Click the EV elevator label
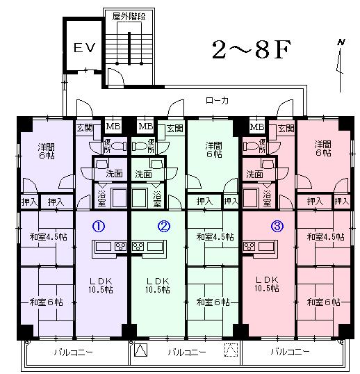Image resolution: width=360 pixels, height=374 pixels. coord(85,48)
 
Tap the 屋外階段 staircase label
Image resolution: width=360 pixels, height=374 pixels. coord(129,17)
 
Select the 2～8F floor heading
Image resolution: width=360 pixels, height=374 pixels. coord(252,49)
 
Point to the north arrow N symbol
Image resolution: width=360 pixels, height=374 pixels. coord(341,42)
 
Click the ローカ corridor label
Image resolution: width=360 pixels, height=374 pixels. coord(217,100)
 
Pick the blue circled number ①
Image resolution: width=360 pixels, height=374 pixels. coord(99,226)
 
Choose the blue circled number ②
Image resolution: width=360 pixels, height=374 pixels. coord(164,226)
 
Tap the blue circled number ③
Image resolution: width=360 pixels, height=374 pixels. coord(277,226)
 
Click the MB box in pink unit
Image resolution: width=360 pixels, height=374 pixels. coord(257,127)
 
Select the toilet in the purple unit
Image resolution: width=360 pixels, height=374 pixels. coord(118,146)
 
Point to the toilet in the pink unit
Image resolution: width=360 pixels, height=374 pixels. coord(251,146)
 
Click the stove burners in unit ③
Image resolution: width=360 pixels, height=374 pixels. coord(249,246)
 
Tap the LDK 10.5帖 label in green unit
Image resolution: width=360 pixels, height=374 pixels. coord(158,285)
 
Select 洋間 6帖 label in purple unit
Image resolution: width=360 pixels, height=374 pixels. coord(47,151)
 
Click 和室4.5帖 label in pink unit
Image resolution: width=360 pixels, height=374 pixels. coord(325,237)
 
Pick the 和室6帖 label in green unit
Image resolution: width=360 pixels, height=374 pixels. coord(213,302)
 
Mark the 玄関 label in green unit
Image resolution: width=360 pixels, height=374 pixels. coord(175,129)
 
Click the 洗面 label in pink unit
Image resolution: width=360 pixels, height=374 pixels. coord(254,174)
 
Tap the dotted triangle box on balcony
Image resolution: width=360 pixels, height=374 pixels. coord(231,350)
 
